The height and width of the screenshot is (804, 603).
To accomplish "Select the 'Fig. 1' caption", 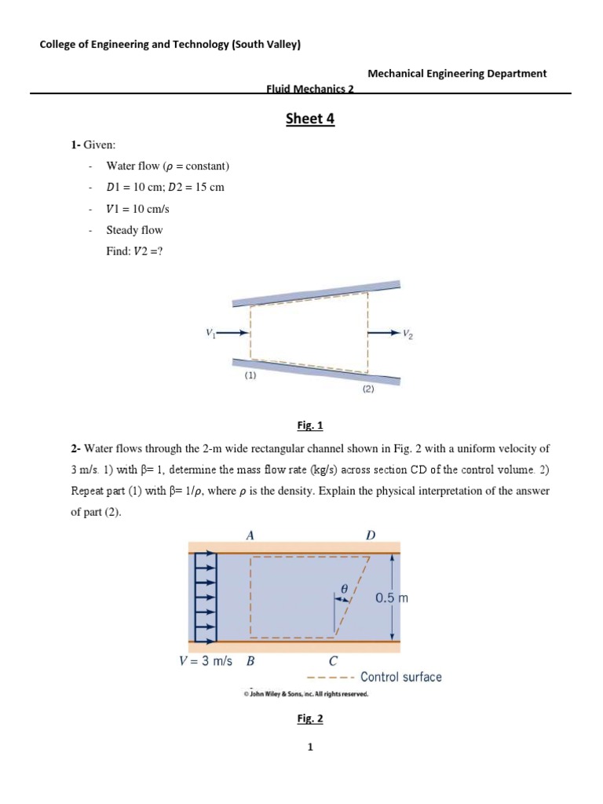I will pos(310,426).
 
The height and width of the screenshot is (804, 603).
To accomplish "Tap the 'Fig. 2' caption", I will pos(310,718).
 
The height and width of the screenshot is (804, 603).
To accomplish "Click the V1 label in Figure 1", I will pos(210,333).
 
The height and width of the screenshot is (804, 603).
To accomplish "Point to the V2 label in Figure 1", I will pos(407,334).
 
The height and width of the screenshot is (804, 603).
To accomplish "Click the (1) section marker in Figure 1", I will pos(250,375).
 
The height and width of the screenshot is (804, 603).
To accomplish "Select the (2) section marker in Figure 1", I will pos(368,389).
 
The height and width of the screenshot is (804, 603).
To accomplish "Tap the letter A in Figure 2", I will pos(250,535).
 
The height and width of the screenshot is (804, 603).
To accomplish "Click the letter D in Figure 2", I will pos(371,535).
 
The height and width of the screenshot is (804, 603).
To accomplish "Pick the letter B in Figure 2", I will pos(250,660).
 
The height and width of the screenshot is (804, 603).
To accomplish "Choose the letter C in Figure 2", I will pos(333,660).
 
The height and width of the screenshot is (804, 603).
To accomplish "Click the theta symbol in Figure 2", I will pos(343,587).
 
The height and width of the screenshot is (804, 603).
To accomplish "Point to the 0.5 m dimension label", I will pos(392,598).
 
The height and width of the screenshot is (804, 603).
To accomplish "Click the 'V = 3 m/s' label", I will pos(206,660).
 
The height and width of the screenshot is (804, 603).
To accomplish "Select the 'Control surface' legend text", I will pos(400,677).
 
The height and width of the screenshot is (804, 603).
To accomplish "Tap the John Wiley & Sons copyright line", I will pos(305,695).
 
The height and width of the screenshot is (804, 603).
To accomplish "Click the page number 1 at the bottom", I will pos(310,747).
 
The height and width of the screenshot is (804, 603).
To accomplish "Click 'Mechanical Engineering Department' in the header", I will pos(457,73).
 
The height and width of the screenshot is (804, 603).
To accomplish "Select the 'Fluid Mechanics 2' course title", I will pos(310,90).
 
